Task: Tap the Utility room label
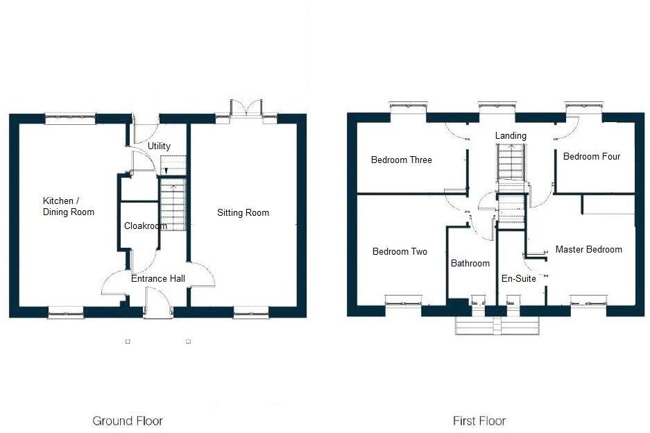tap(159, 146)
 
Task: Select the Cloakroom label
tap(145, 226)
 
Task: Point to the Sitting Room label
tap(243, 212)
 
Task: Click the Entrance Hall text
tap(158, 278)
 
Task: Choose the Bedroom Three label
tap(401, 160)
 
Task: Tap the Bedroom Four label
tap(591, 156)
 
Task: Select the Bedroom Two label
tap(400, 251)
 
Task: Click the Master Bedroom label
tap(588, 249)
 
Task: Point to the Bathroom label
tap(470, 263)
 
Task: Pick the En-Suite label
tap(518, 278)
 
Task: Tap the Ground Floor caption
tap(128, 421)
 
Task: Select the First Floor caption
tap(479, 421)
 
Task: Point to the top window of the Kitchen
tap(70, 119)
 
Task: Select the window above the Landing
tap(497, 108)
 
